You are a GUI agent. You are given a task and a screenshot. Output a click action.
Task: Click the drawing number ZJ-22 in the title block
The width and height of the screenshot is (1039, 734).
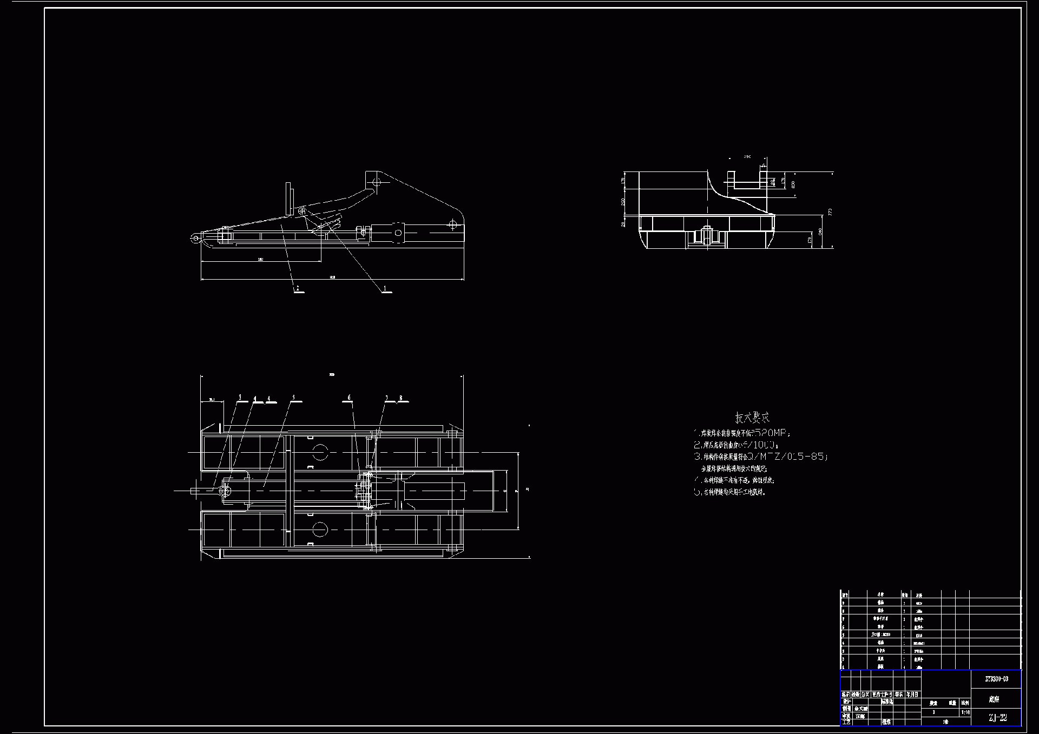pos(997,718)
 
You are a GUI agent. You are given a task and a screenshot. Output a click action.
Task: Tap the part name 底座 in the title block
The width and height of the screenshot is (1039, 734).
pos(994,699)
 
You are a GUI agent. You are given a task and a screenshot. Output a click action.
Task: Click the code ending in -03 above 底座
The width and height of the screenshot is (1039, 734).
pos(996,678)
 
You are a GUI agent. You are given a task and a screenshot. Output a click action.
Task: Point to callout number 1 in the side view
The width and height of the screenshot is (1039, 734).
pos(385,288)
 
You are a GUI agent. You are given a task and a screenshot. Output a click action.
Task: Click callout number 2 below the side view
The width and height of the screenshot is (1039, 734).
pos(297,288)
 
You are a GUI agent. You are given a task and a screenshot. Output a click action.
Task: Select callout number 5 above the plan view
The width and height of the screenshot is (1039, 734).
pos(294,398)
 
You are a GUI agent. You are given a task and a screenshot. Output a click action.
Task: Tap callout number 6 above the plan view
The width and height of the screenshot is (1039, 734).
pos(349,398)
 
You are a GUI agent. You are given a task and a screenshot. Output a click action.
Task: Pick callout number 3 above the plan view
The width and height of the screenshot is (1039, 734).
pos(240,398)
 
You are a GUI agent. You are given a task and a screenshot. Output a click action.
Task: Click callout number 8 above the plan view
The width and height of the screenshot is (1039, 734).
pos(401,398)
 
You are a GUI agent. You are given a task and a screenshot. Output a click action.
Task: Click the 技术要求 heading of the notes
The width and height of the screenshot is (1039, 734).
pos(752,418)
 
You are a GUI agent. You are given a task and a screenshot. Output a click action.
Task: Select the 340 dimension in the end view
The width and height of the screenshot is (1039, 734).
pos(820,232)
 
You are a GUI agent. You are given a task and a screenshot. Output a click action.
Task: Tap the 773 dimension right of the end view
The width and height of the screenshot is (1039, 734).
pos(830,211)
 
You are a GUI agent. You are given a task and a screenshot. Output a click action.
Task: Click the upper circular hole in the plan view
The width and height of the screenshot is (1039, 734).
pos(320,452)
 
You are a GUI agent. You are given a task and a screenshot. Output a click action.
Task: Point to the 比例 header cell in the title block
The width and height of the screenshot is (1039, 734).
pos(965,703)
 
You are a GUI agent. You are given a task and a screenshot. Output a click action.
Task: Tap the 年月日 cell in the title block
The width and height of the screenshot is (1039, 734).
pos(912,694)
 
